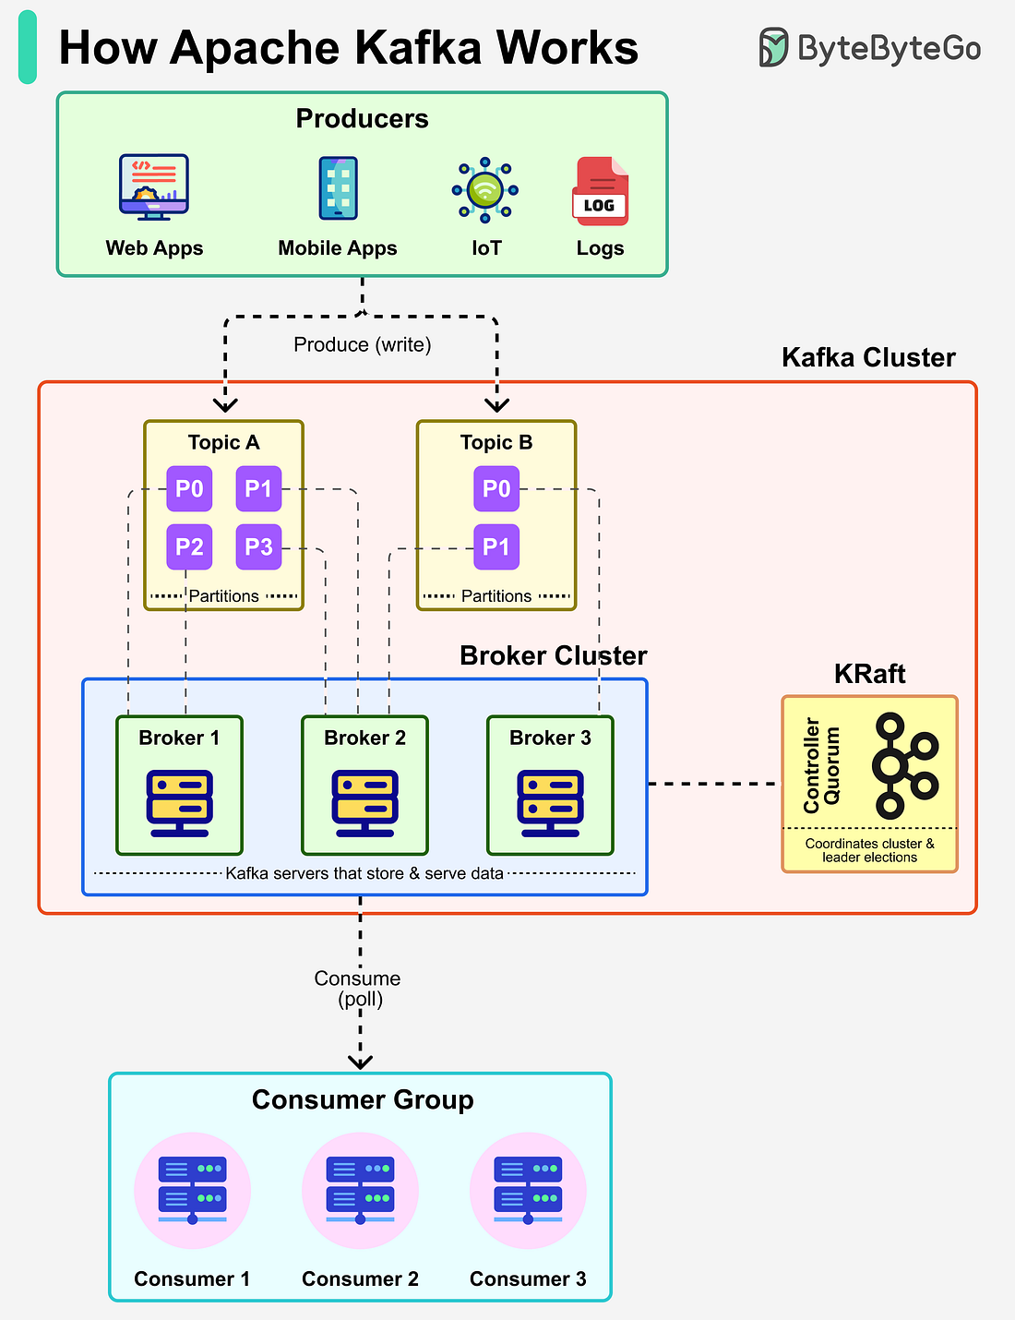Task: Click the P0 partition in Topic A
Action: [x=189, y=488]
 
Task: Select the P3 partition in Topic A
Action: [x=258, y=546]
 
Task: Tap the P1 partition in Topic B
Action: [x=496, y=546]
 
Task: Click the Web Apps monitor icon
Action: [x=153, y=187]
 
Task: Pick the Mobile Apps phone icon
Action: [x=338, y=188]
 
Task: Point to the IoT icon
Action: [x=485, y=190]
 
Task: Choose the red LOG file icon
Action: [x=601, y=191]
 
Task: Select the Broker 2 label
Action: [x=364, y=738]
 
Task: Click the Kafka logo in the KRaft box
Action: [x=903, y=765]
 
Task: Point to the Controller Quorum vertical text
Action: [x=821, y=765]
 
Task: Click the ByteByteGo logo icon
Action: [x=773, y=47]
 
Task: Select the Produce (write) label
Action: [x=362, y=344]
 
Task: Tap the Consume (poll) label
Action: [x=358, y=989]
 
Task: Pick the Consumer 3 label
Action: [x=528, y=1278]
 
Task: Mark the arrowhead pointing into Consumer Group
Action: [x=360, y=1062]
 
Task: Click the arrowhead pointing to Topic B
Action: [x=496, y=404]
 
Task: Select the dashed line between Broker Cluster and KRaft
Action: [x=714, y=784]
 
